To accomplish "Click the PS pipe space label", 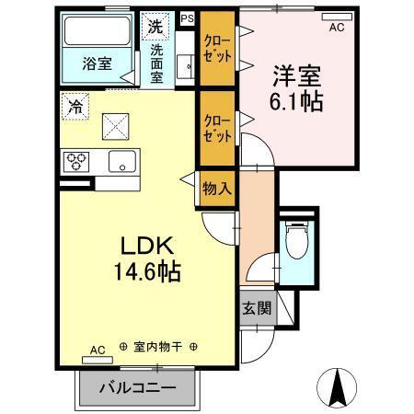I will pyautogui.click(x=188, y=17).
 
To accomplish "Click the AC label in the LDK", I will pyautogui.click(x=98, y=350).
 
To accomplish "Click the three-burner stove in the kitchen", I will pyautogui.click(x=76, y=163).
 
